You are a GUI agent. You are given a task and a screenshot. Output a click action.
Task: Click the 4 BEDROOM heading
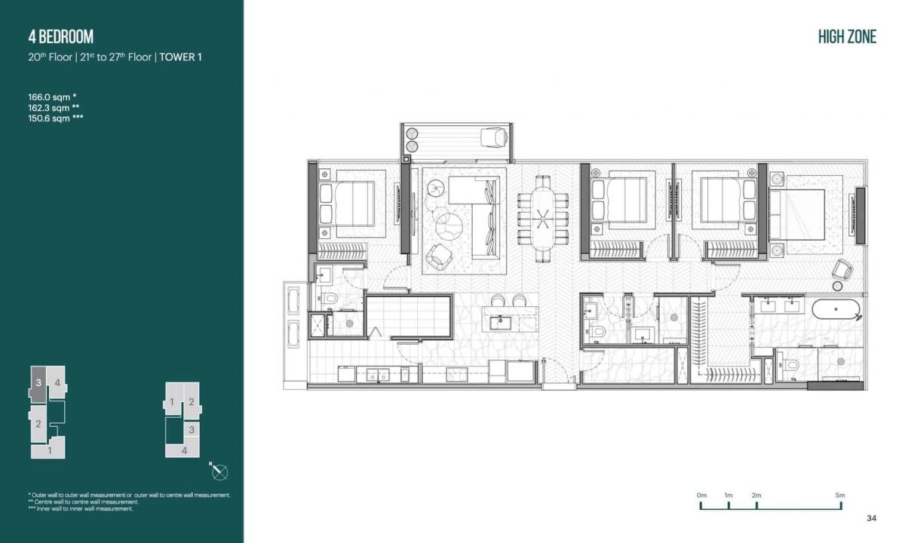60,37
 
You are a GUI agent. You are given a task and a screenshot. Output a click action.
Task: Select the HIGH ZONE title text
847,37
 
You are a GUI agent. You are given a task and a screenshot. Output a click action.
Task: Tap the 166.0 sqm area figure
49,97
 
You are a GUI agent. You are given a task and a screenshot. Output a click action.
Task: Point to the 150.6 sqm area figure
49,118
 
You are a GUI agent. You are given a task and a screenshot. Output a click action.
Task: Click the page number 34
871,518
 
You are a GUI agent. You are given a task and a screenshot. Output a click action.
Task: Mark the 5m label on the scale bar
839,495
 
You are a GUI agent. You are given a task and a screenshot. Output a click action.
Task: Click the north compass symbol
219,472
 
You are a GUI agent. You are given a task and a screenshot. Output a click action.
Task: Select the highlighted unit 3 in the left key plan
38,383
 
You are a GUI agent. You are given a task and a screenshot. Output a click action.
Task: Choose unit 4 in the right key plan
185,450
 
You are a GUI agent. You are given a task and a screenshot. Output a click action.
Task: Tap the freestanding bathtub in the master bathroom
835,309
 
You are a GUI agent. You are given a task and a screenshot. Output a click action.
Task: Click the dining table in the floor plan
542,218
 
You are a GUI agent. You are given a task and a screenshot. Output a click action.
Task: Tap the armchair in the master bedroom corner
842,268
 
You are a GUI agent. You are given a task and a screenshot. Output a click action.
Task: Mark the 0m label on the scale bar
701,495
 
